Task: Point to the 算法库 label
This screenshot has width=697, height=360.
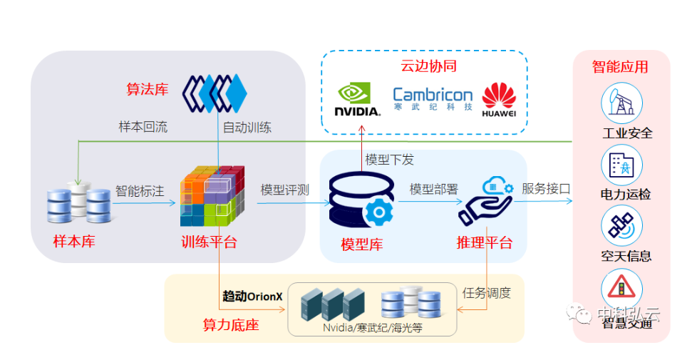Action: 148,89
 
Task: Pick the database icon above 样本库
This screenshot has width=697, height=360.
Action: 79,202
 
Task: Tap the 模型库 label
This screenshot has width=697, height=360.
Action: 362,245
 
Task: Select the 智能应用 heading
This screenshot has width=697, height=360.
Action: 620,67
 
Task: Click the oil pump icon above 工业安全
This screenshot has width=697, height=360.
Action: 621,103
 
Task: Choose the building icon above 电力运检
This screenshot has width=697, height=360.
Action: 621,165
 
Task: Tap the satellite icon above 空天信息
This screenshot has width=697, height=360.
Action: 621,226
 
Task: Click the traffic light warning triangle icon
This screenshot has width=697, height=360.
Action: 621,289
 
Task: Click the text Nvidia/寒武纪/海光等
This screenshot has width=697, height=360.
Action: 371,328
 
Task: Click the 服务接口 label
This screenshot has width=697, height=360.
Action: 547,189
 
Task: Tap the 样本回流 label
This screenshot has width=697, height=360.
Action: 143,127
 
